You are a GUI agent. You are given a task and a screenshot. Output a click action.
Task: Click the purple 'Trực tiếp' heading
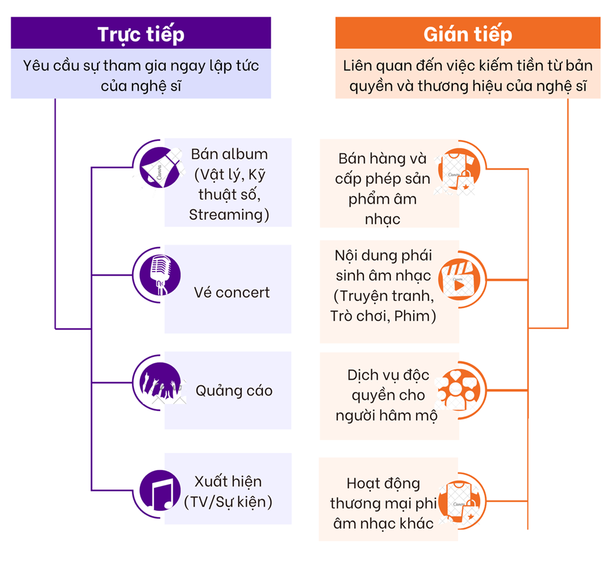(141, 34)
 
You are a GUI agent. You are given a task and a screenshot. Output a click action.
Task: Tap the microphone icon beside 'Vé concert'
(160, 275)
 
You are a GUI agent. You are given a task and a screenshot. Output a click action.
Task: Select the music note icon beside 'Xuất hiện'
(160, 490)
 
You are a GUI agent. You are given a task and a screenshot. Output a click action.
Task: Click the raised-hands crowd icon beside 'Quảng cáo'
(160, 384)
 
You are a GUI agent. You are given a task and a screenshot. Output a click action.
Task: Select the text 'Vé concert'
(232, 292)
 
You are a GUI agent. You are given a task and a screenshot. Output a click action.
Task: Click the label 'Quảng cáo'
(234, 390)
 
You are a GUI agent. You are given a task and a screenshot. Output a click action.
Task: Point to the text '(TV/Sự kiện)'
(228, 502)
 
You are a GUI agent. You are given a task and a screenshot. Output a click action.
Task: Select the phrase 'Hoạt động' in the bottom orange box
(383, 483)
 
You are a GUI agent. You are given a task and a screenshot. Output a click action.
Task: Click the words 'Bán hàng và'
(382, 159)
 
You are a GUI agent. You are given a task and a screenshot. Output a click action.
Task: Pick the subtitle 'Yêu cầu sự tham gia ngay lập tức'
(141, 65)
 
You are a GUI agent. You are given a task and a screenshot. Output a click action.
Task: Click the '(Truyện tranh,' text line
(384, 296)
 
